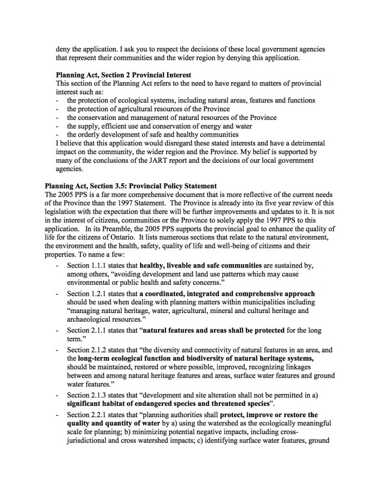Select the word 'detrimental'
tap(305, 143)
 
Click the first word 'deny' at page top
tap(64, 49)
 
